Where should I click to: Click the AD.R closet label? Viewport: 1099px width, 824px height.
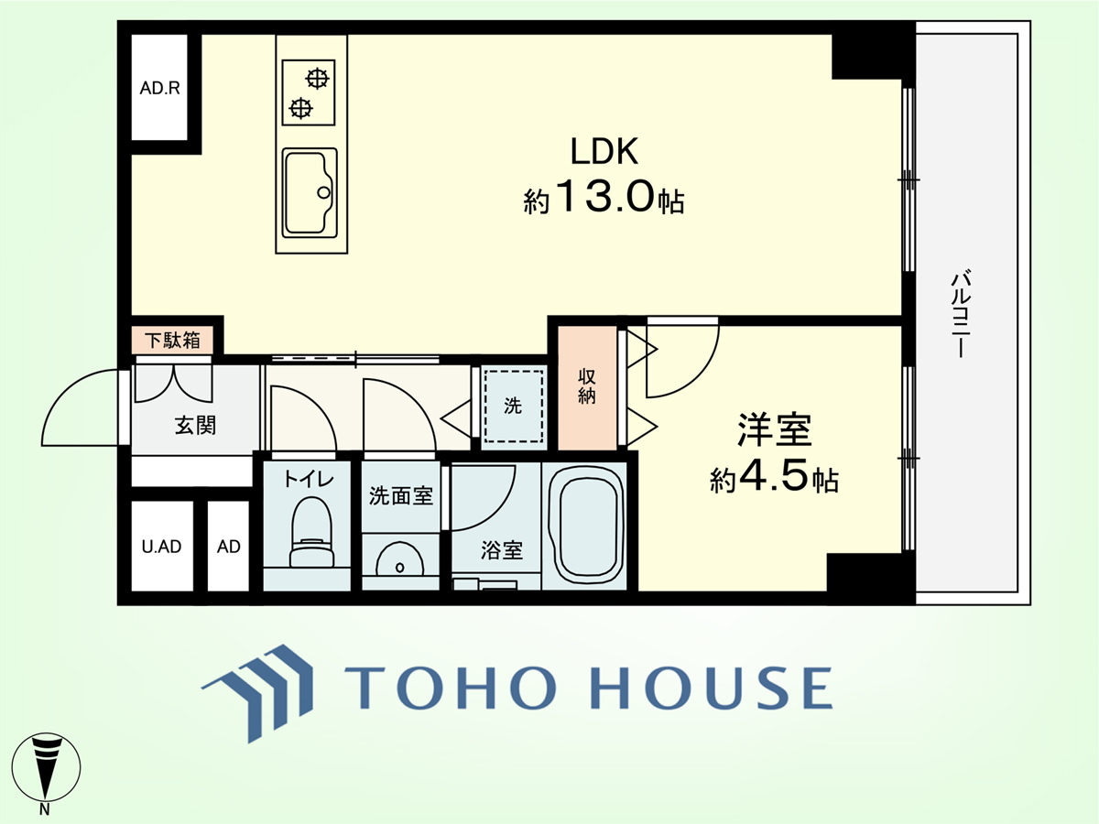(159, 88)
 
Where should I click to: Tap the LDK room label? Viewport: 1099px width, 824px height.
(604, 151)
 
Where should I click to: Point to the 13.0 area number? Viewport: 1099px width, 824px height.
(604, 196)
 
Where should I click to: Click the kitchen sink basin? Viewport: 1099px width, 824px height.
(310, 193)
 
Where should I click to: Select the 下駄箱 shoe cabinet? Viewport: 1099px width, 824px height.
(173, 341)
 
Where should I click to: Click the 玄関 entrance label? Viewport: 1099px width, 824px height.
(195, 426)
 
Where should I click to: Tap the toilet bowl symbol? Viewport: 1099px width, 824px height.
(311, 531)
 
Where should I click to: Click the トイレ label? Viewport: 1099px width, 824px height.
(308, 479)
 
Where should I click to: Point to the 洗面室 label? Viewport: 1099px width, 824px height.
(401, 496)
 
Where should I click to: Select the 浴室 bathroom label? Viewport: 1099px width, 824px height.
(502, 550)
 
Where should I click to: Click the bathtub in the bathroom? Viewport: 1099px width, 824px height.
(585, 525)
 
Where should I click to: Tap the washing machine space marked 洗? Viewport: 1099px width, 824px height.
(513, 407)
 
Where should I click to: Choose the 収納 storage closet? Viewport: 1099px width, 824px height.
(587, 388)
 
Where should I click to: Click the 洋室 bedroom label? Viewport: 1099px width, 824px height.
(774, 429)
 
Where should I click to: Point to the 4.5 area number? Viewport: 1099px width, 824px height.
(774, 477)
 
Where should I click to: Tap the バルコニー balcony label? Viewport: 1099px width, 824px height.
(961, 314)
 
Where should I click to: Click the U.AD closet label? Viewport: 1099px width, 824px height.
(161, 547)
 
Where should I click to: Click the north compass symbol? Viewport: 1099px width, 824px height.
(46, 767)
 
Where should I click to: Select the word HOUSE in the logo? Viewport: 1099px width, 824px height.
(711, 687)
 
